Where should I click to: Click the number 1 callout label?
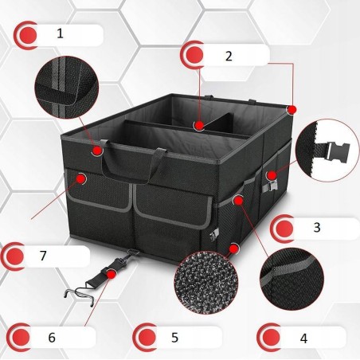[x=61, y=33]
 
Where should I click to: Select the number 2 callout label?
[x=229, y=56]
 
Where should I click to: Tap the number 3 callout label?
[x=317, y=228]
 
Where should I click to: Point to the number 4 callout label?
[x=303, y=338]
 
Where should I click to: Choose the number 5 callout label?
[x=174, y=337]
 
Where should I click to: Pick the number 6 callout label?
[x=52, y=337]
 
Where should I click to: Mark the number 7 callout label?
[x=43, y=256]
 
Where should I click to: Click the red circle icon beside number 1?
[x=28, y=35]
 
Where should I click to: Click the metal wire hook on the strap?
[x=80, y=292]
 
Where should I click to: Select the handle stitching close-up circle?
[x=67, y=87]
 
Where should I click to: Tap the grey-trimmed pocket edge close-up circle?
[x=292, y=279]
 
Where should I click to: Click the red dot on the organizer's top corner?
[x=292, y=110]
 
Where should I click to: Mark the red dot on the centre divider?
[x=199, y=126]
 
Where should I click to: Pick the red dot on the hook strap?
[x=112, y=274]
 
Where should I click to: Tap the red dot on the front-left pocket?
[x=81, y=178]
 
